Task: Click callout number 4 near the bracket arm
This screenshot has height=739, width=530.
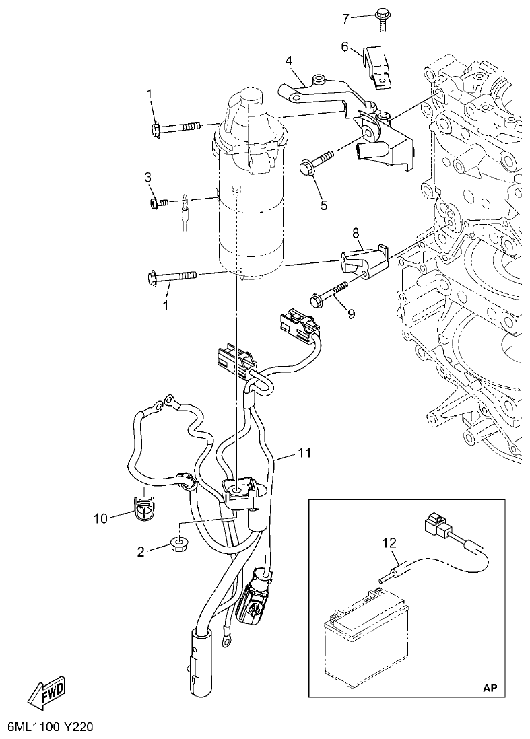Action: point(288,61)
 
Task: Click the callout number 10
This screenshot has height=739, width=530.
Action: point(101,518)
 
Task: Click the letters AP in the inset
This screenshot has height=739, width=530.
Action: point(492,687)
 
